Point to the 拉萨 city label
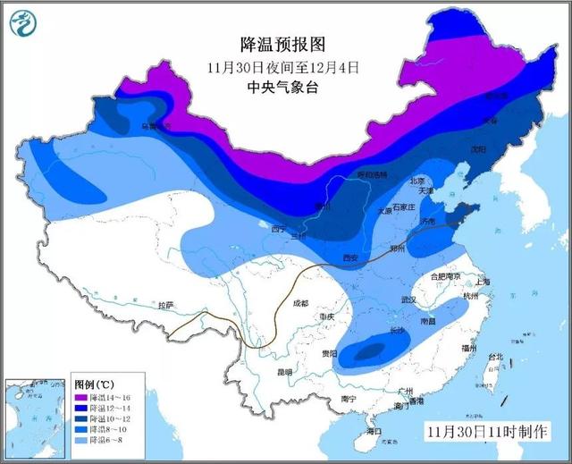pos(165,306)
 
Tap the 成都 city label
pos(299,303)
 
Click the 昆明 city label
pos(284,371)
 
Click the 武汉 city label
pos(410,299)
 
